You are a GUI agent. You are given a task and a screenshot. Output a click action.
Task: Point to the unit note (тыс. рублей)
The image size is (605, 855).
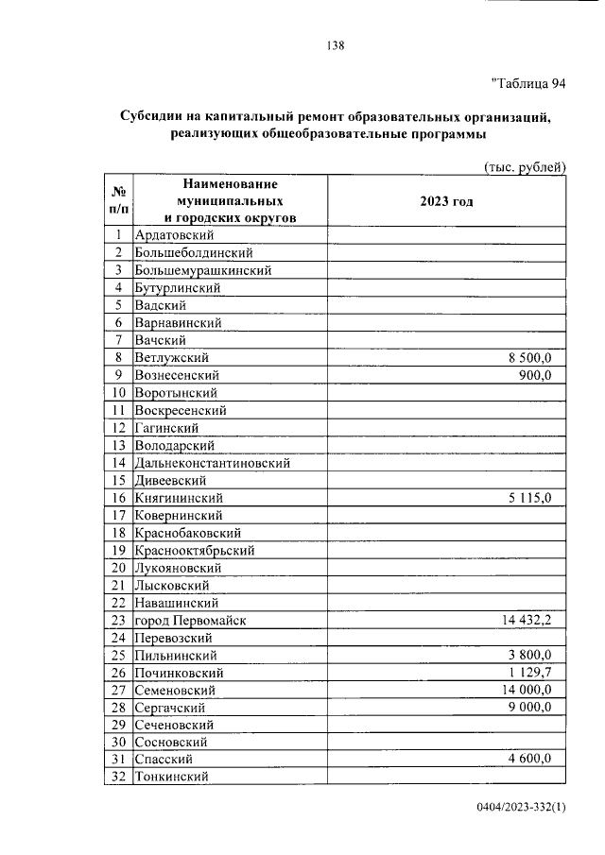click(525, 166)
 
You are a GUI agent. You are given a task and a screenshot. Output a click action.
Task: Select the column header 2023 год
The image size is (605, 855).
click(446, 201)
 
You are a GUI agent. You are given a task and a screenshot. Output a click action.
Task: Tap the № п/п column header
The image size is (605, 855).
click(119, 200)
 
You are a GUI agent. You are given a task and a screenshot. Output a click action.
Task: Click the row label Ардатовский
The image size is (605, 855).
click(175, 234)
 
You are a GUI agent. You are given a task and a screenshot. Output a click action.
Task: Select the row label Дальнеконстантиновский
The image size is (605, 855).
click(212, 463)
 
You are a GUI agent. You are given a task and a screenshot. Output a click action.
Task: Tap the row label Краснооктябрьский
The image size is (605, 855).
click(194, 550)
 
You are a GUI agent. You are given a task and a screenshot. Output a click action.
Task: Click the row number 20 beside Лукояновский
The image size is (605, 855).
click(119, 568)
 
